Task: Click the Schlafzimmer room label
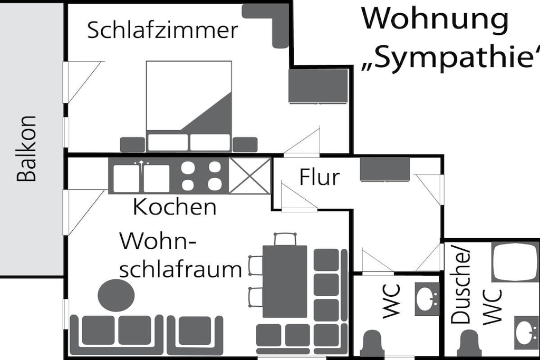pyautogui.click(x=162, y=30)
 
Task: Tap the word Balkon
pyautogui.click(x=26, y=149)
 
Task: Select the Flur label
pyautogui.click(x=319, y=177)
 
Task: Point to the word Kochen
pyautogui.click(x=175, y=207)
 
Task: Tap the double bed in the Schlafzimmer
pyautogui.click(x=189, y=106)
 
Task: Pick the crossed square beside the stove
pyautogui.click(x=249, y=176)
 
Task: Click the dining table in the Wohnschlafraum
pyautogui.click(x=284, y=281)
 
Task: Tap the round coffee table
pyautogui.click(x=116, y=295)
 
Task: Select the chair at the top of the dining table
pyautogui.click(x=285, y=239)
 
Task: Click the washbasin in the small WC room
pyautogui.click(x=427, y=299)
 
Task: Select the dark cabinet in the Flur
pyautogui.click(x=384, y=169)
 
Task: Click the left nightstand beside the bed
pyautogui.click(x=132, y=144)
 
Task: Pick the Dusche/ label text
pyautogui.click(x=460, y=286)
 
